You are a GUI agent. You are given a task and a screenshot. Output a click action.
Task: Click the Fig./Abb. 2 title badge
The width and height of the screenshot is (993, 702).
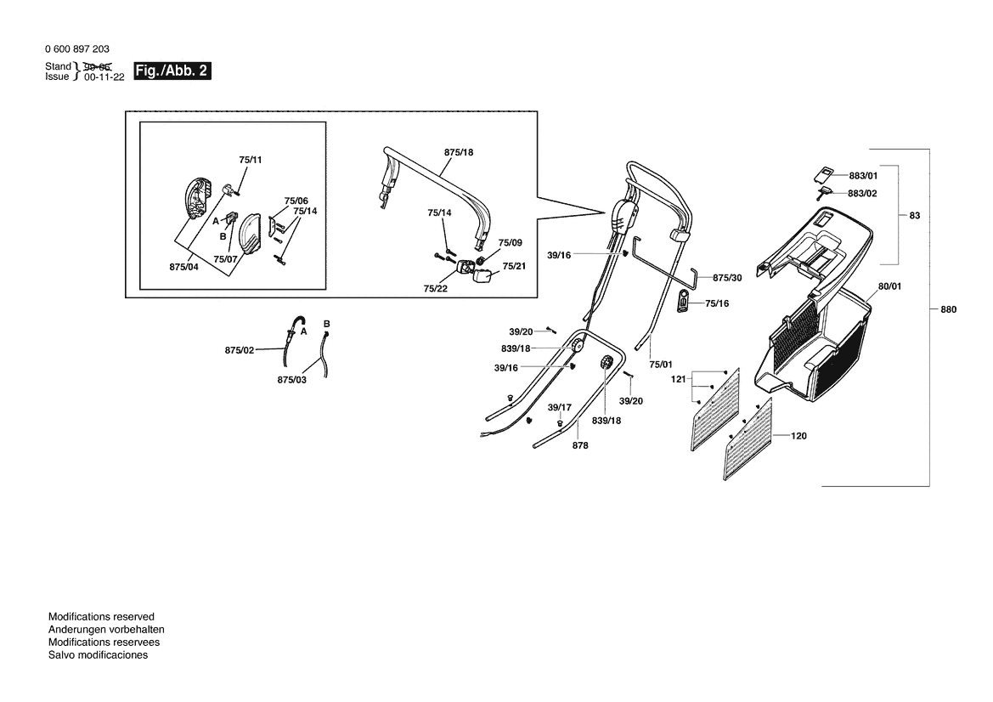[172, 71]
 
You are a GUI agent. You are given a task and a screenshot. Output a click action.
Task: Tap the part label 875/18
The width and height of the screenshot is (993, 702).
[459, 152]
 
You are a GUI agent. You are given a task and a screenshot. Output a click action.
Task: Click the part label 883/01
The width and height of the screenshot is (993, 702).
[863, 176]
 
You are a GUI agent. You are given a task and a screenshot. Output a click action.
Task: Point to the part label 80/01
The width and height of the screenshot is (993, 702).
[889, 286]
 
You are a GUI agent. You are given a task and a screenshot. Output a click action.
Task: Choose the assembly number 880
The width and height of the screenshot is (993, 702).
[948, 309]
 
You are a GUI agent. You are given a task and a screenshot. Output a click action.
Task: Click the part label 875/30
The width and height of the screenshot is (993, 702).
[727, 278]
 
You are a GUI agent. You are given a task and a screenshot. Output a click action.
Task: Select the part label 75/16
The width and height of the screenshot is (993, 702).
[717, 303]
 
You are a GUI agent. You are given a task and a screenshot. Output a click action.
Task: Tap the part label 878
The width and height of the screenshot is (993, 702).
[580, 445]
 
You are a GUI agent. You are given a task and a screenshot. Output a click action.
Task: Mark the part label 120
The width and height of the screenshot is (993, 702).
[798, 436]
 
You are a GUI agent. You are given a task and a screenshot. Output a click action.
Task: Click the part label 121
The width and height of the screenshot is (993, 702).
[679, 379]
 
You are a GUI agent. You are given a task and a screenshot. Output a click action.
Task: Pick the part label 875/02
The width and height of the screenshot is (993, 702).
[240, 350]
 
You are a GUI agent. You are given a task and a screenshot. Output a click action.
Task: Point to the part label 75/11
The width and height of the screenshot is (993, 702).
[251, 160]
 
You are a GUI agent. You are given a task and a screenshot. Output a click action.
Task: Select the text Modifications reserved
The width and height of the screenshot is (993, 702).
[101, 616]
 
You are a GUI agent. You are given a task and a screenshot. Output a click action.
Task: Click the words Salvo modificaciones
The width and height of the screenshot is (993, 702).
[98, 654]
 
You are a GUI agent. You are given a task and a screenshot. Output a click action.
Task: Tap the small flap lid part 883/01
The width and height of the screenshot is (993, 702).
[822, 173]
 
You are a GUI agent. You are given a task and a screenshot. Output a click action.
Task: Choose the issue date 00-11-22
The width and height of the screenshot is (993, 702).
[104, 76]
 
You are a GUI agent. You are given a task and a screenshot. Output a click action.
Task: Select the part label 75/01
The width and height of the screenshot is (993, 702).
[661, 364]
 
